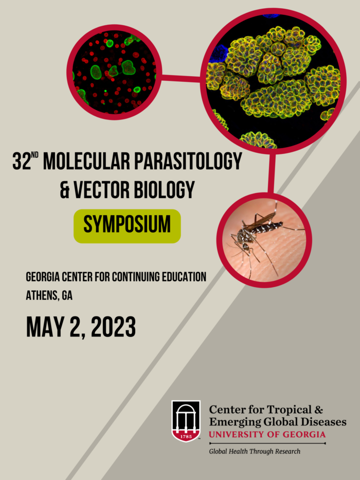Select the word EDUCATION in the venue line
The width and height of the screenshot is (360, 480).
click(x=183, y=277)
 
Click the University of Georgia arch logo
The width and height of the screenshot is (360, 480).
click(x=186, y=421)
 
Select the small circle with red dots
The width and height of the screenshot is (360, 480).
click(x=114, y=72)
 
